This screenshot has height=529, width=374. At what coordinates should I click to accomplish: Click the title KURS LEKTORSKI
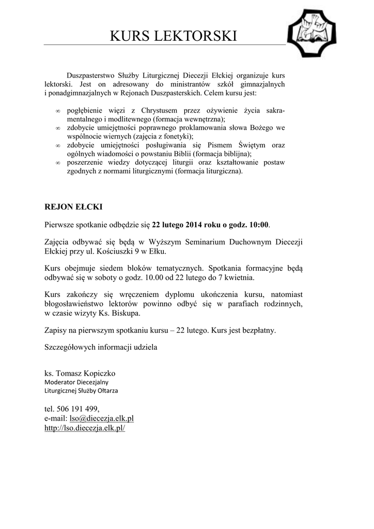174,36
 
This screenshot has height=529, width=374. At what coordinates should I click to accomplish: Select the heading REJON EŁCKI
73,207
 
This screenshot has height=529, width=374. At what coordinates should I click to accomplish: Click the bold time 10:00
259,225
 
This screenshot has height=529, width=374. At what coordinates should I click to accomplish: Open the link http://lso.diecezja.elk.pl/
85,428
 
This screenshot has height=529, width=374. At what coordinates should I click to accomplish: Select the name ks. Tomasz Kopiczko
80,373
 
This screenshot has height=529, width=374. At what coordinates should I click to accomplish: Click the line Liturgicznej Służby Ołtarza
81,391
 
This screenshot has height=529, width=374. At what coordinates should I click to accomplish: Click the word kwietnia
239,277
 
